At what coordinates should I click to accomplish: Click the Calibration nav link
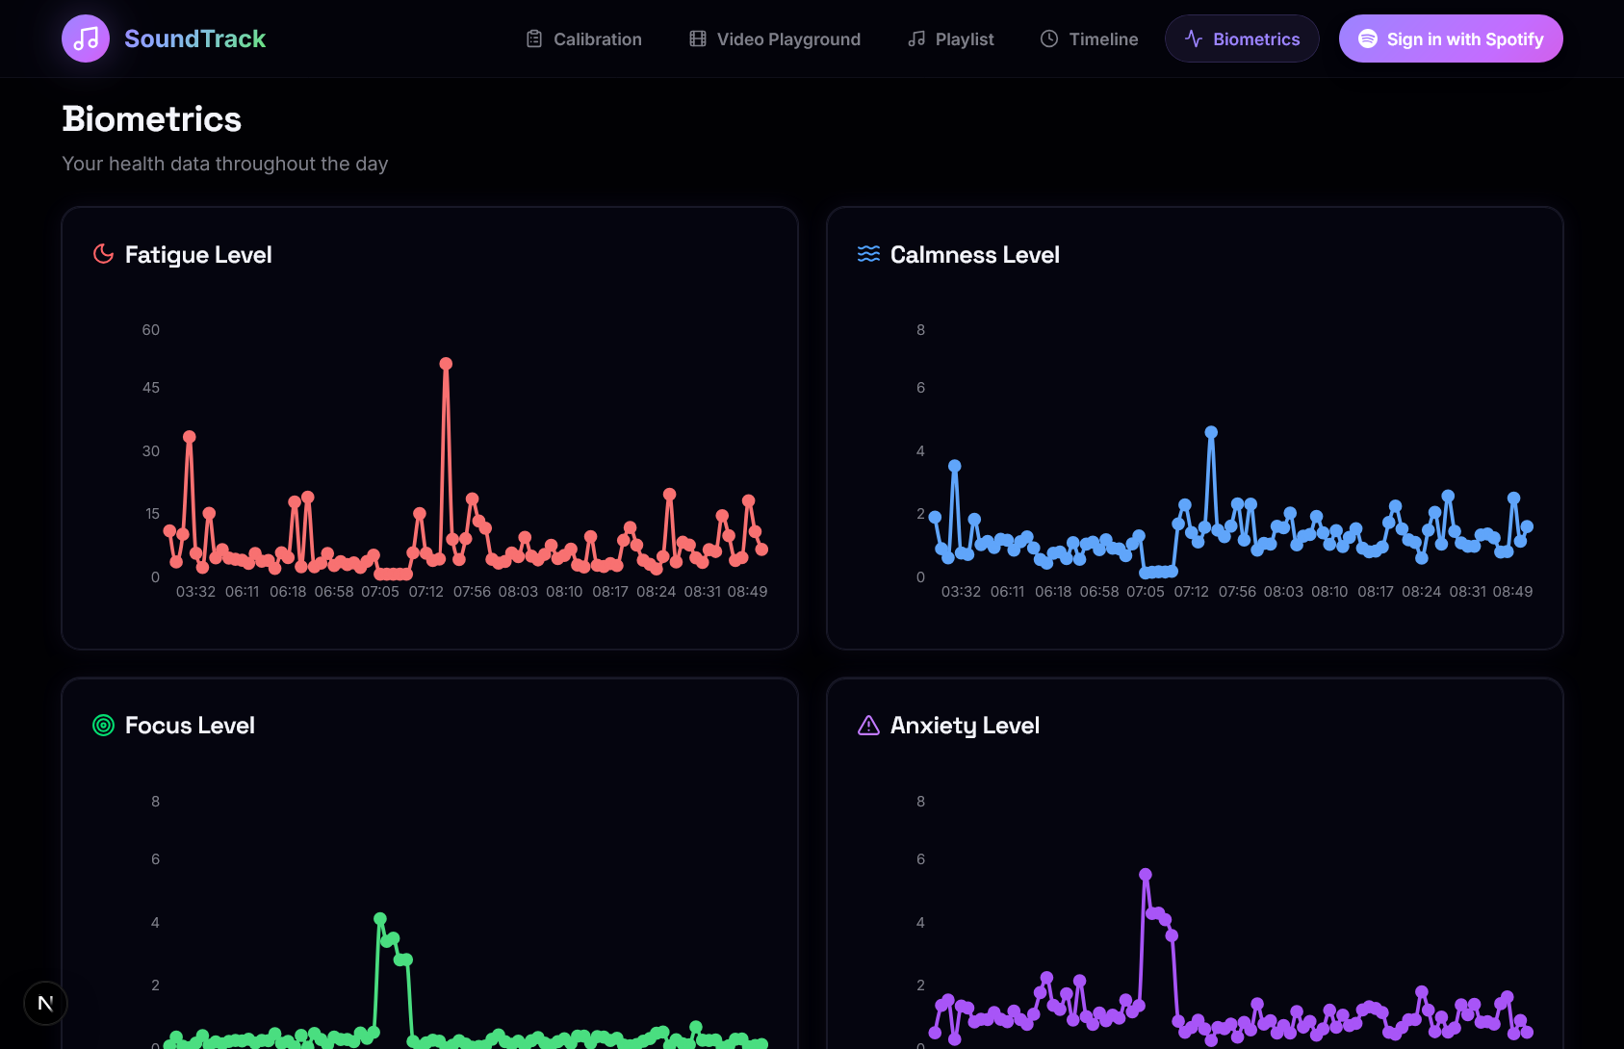[583, 39]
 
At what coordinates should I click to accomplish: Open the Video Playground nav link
[775, 39]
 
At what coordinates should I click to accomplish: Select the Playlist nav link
[950, 39]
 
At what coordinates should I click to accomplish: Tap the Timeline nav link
[1089, 39]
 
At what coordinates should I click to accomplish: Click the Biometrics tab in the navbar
[1242, 39]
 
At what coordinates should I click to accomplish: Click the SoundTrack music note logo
[86, 38]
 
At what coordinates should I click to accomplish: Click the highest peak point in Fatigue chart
[446, 364]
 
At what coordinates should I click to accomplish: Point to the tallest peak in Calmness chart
[1211, 432]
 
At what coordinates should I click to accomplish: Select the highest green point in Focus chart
[379, 918]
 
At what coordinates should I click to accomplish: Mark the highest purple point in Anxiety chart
[1146, 875]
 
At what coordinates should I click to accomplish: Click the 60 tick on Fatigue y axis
[151, 330]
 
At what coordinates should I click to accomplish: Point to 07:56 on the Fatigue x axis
[472, 592]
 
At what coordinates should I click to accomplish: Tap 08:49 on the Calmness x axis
[1512, 592]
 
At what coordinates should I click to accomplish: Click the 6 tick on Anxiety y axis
[920, 859]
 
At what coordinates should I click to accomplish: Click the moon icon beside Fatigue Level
[103, 254]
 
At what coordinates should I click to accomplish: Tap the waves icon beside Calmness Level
[868, 254]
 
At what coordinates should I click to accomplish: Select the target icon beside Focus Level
[103, 726]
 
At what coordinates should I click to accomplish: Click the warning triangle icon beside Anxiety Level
[868, 726]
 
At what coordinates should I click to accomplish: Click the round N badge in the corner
[45, 1004]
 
